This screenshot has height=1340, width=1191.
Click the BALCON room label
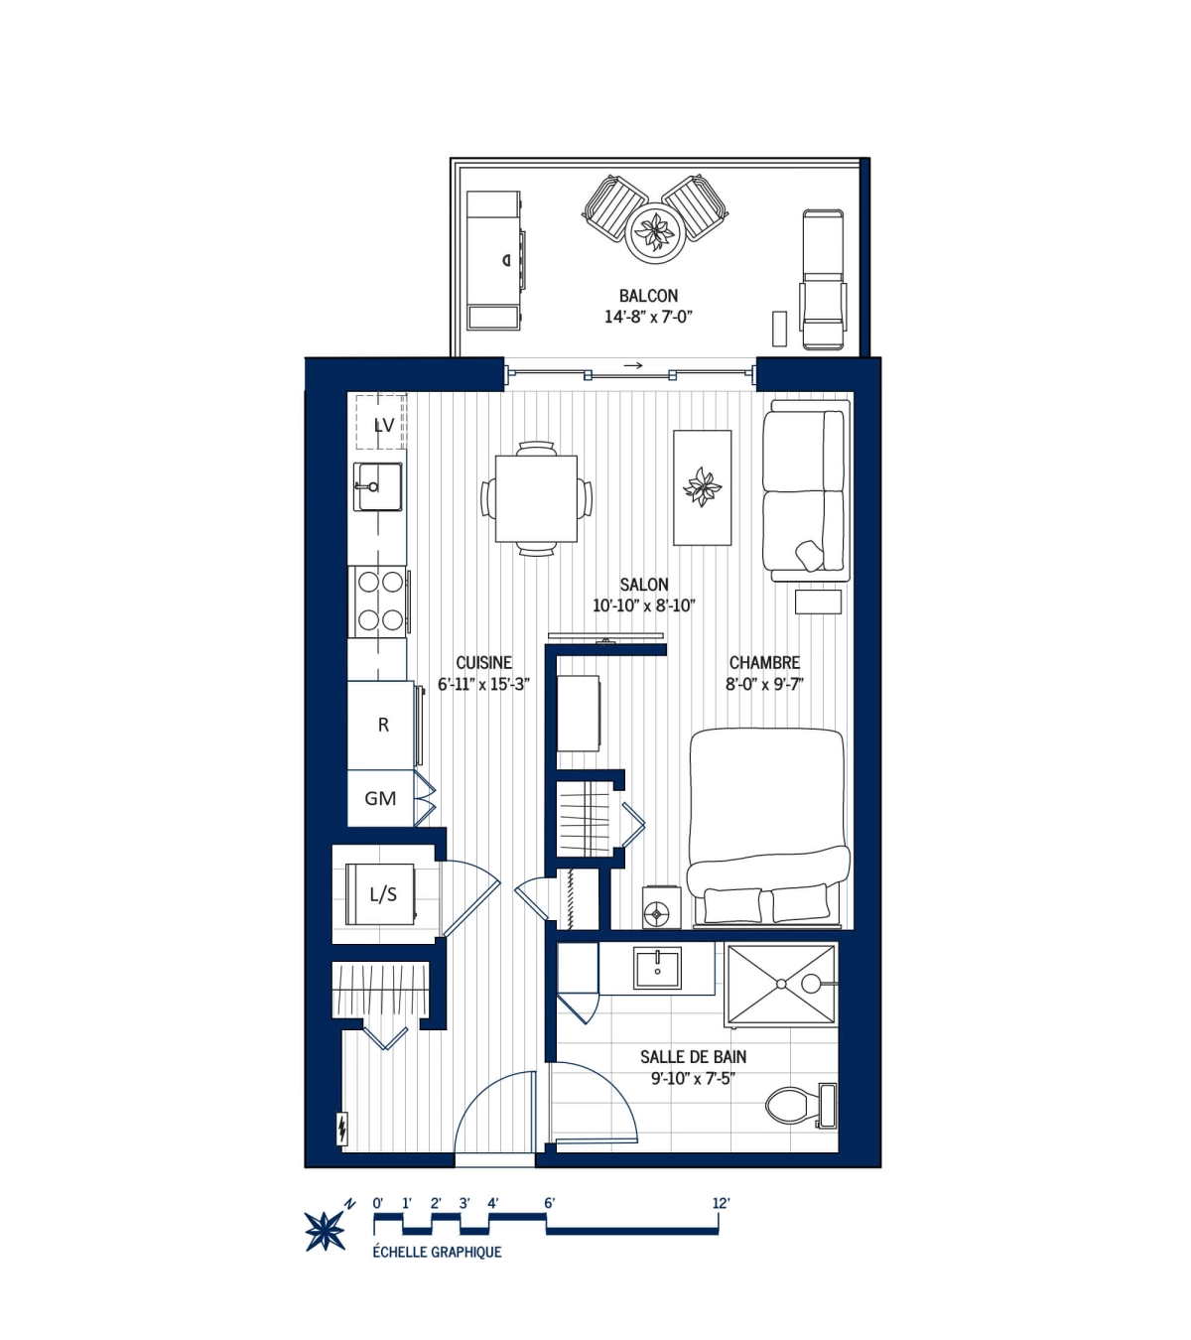click(648, 296)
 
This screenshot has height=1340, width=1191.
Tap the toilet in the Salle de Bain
click(799, 1105)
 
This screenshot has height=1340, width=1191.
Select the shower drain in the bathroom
click(782, 984)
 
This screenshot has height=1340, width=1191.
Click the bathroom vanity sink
click(657, 969)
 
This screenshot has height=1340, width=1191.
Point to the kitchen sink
click(378, 486)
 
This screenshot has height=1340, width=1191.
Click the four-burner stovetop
click(380, 602)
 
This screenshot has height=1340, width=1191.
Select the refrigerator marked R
click(382, 726)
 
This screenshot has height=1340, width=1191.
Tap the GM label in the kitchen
click(380, 798)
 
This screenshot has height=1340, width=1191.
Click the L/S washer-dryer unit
click(381, 894)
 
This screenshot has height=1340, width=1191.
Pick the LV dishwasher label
click(383, 425)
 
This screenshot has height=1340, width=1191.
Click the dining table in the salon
click(536, 498)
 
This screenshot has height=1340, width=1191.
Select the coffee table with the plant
click(702, 487)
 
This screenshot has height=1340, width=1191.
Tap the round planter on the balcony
click(655, 234)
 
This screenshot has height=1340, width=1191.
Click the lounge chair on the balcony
click(823, 280)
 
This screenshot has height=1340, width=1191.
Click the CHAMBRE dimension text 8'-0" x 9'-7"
click(763, 684)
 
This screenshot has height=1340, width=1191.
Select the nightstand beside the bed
click(660, 907)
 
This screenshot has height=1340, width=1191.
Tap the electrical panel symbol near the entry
click(342, 1128)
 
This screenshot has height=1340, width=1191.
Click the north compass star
click(326, 1231)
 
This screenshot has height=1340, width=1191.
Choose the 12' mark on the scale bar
click(721, 1203)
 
